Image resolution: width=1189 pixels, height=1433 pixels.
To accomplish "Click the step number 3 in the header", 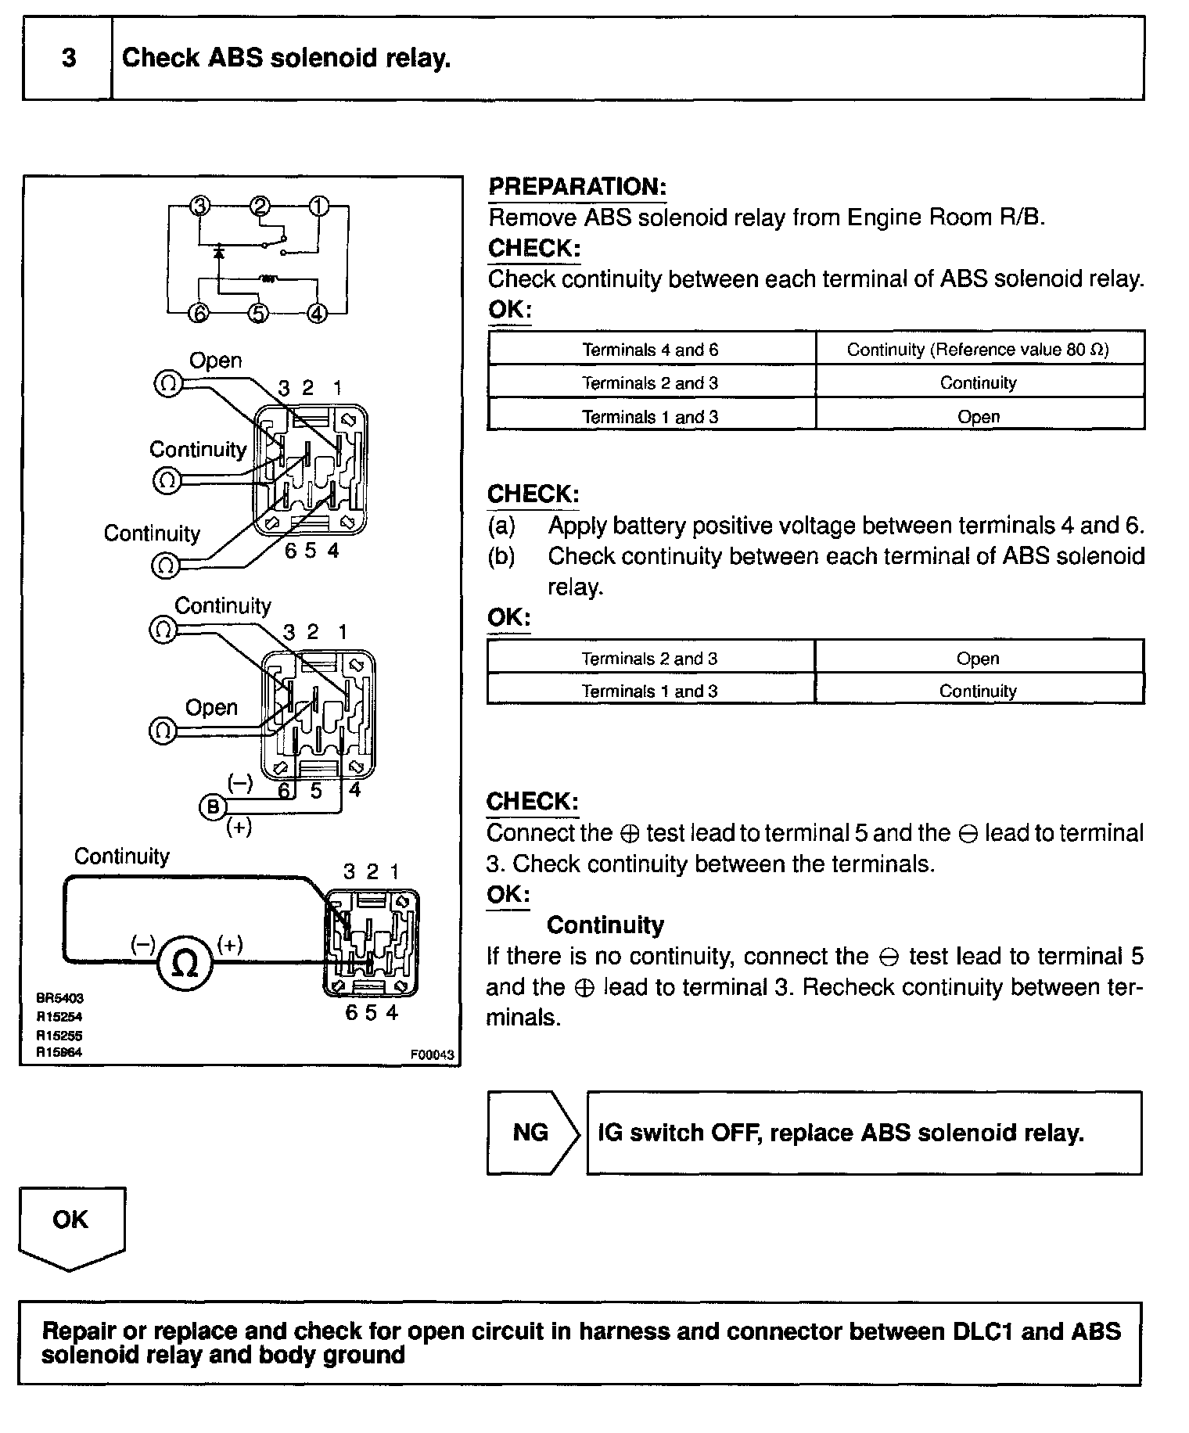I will coord(69,59).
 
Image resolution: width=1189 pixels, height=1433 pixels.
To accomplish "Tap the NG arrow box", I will coord(530,1133).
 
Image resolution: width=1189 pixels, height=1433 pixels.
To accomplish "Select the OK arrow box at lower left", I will coord(70,1219).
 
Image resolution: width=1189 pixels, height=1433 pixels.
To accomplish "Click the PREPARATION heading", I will coord(577,187).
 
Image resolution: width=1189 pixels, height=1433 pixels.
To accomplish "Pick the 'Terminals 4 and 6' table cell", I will coord(650,350).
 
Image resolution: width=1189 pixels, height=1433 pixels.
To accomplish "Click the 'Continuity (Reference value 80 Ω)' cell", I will coord(978,350).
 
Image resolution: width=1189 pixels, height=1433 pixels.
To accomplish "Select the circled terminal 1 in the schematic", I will coord(318,207).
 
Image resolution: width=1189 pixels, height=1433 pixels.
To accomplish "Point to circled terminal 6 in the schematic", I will coord(200,313).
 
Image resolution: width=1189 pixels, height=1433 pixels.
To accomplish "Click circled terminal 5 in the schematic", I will coord(258,313).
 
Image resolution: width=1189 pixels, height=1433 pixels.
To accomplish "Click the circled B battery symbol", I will coord(214,807).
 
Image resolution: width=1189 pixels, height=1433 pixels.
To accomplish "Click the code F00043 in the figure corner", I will coord(432,1054).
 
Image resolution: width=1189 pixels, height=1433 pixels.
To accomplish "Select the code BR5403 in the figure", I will coord(59,999).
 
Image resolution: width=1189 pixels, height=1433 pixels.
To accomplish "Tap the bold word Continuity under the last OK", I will coord(605,925).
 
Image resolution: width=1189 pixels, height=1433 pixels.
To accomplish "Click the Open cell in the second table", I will coord(978,659).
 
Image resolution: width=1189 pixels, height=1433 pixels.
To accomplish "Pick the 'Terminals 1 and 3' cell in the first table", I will coord(650,417).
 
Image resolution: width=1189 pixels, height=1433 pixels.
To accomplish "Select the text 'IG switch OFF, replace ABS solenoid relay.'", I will coord(841,1133).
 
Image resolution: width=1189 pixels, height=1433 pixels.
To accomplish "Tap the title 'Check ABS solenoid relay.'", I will coord(286,59).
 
